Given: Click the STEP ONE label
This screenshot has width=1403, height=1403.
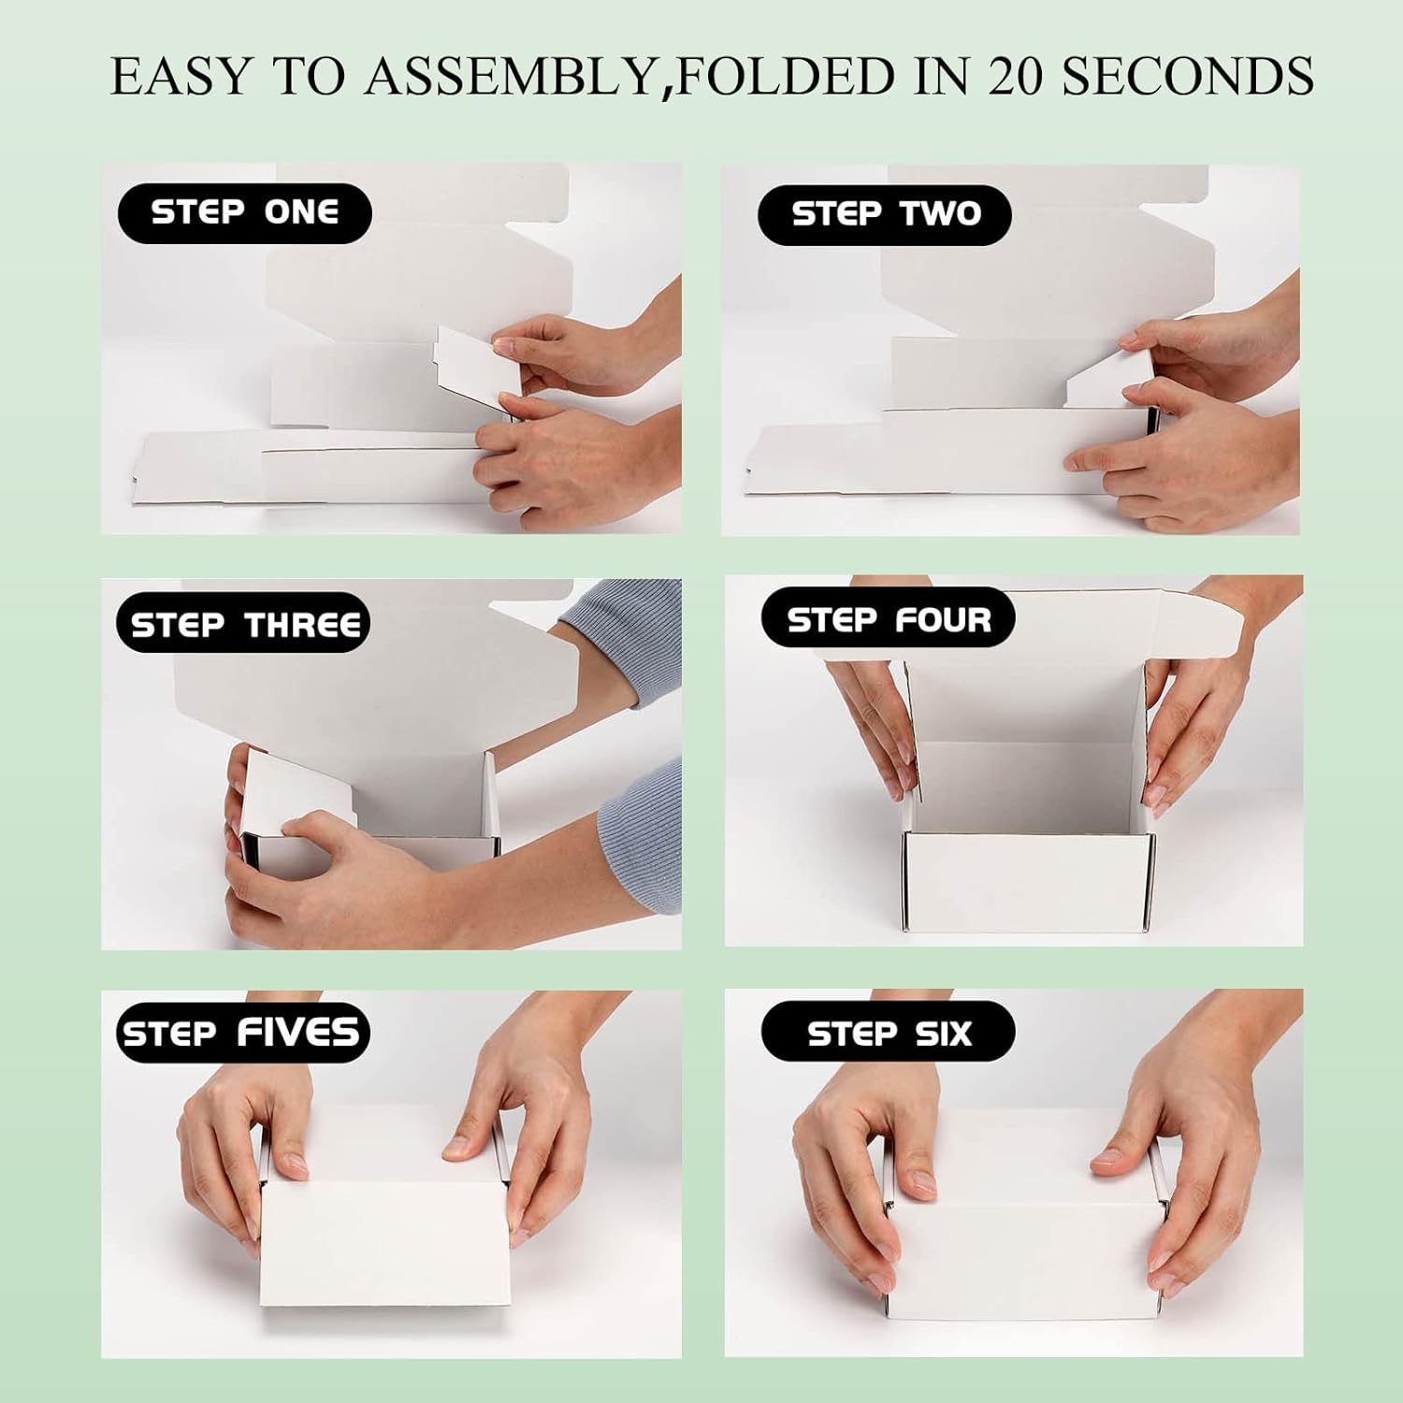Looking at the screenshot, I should [x=244, y=213].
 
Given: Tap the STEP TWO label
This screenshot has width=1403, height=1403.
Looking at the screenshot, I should [x=885, y=215].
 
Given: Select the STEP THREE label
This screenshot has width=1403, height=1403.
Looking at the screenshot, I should [x=243, y=624].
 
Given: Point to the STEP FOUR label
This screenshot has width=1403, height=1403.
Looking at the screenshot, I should [x=888, y=619].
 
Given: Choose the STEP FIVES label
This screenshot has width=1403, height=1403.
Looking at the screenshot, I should [x=241, y=1034].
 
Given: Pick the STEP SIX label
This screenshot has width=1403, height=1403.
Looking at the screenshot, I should [x=888, y=1034].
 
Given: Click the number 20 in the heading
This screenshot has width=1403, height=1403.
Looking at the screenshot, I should [x=1016, y=75].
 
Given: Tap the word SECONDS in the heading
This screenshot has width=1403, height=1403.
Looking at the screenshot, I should [x=1188, y=75].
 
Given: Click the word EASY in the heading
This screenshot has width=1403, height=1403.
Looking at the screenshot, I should [x=181, y=75].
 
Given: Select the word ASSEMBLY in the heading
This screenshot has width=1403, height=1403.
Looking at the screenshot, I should [x=510, y=75].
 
